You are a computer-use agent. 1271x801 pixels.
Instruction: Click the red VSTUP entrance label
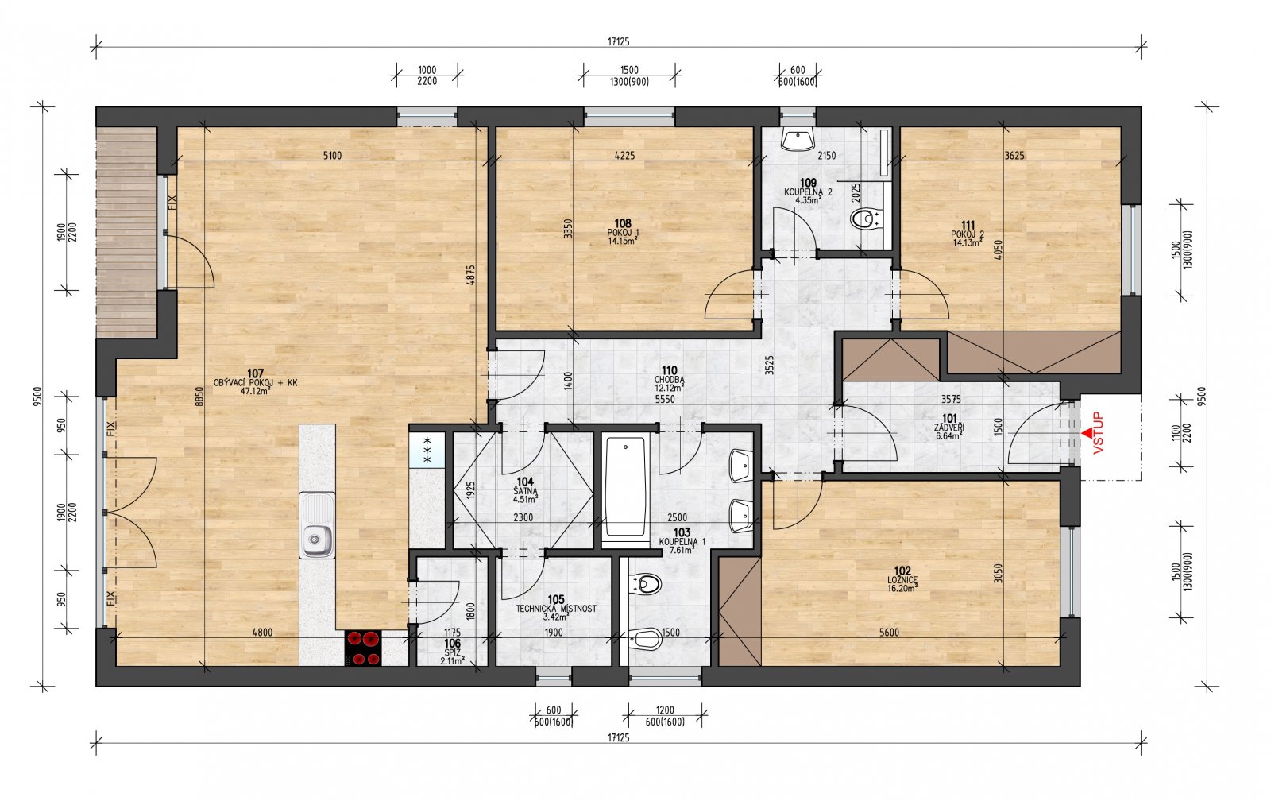[1099, 432]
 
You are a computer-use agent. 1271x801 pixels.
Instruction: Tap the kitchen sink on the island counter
[317, 525]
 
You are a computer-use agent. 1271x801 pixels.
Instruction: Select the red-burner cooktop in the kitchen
[363, 648]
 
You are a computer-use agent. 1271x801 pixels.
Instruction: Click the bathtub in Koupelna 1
[625, 488]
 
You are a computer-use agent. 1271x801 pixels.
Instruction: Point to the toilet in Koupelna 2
[866, 219]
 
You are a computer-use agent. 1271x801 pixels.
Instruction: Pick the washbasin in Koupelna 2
[798, 139]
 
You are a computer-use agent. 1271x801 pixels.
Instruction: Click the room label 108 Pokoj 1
[623, 232]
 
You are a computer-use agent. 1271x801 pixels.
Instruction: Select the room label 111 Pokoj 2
[968, 234]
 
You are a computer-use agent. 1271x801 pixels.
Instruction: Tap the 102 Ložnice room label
[902, 579]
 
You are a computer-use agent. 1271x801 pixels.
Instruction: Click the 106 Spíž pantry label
[452, 652]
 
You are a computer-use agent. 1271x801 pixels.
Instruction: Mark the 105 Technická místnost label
[556, 608]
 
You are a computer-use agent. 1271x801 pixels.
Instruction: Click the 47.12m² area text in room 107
[255, 391]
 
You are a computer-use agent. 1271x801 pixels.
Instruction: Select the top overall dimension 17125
[619, 41]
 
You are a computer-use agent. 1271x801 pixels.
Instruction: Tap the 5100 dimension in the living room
[333, 156]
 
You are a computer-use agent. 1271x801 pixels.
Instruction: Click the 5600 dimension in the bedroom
[889, 633]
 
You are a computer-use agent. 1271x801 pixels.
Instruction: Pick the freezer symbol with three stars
[427, 451]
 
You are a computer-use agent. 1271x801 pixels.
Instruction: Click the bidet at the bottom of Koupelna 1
[646, 639]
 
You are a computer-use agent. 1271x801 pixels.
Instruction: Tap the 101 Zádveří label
[949, 427]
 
